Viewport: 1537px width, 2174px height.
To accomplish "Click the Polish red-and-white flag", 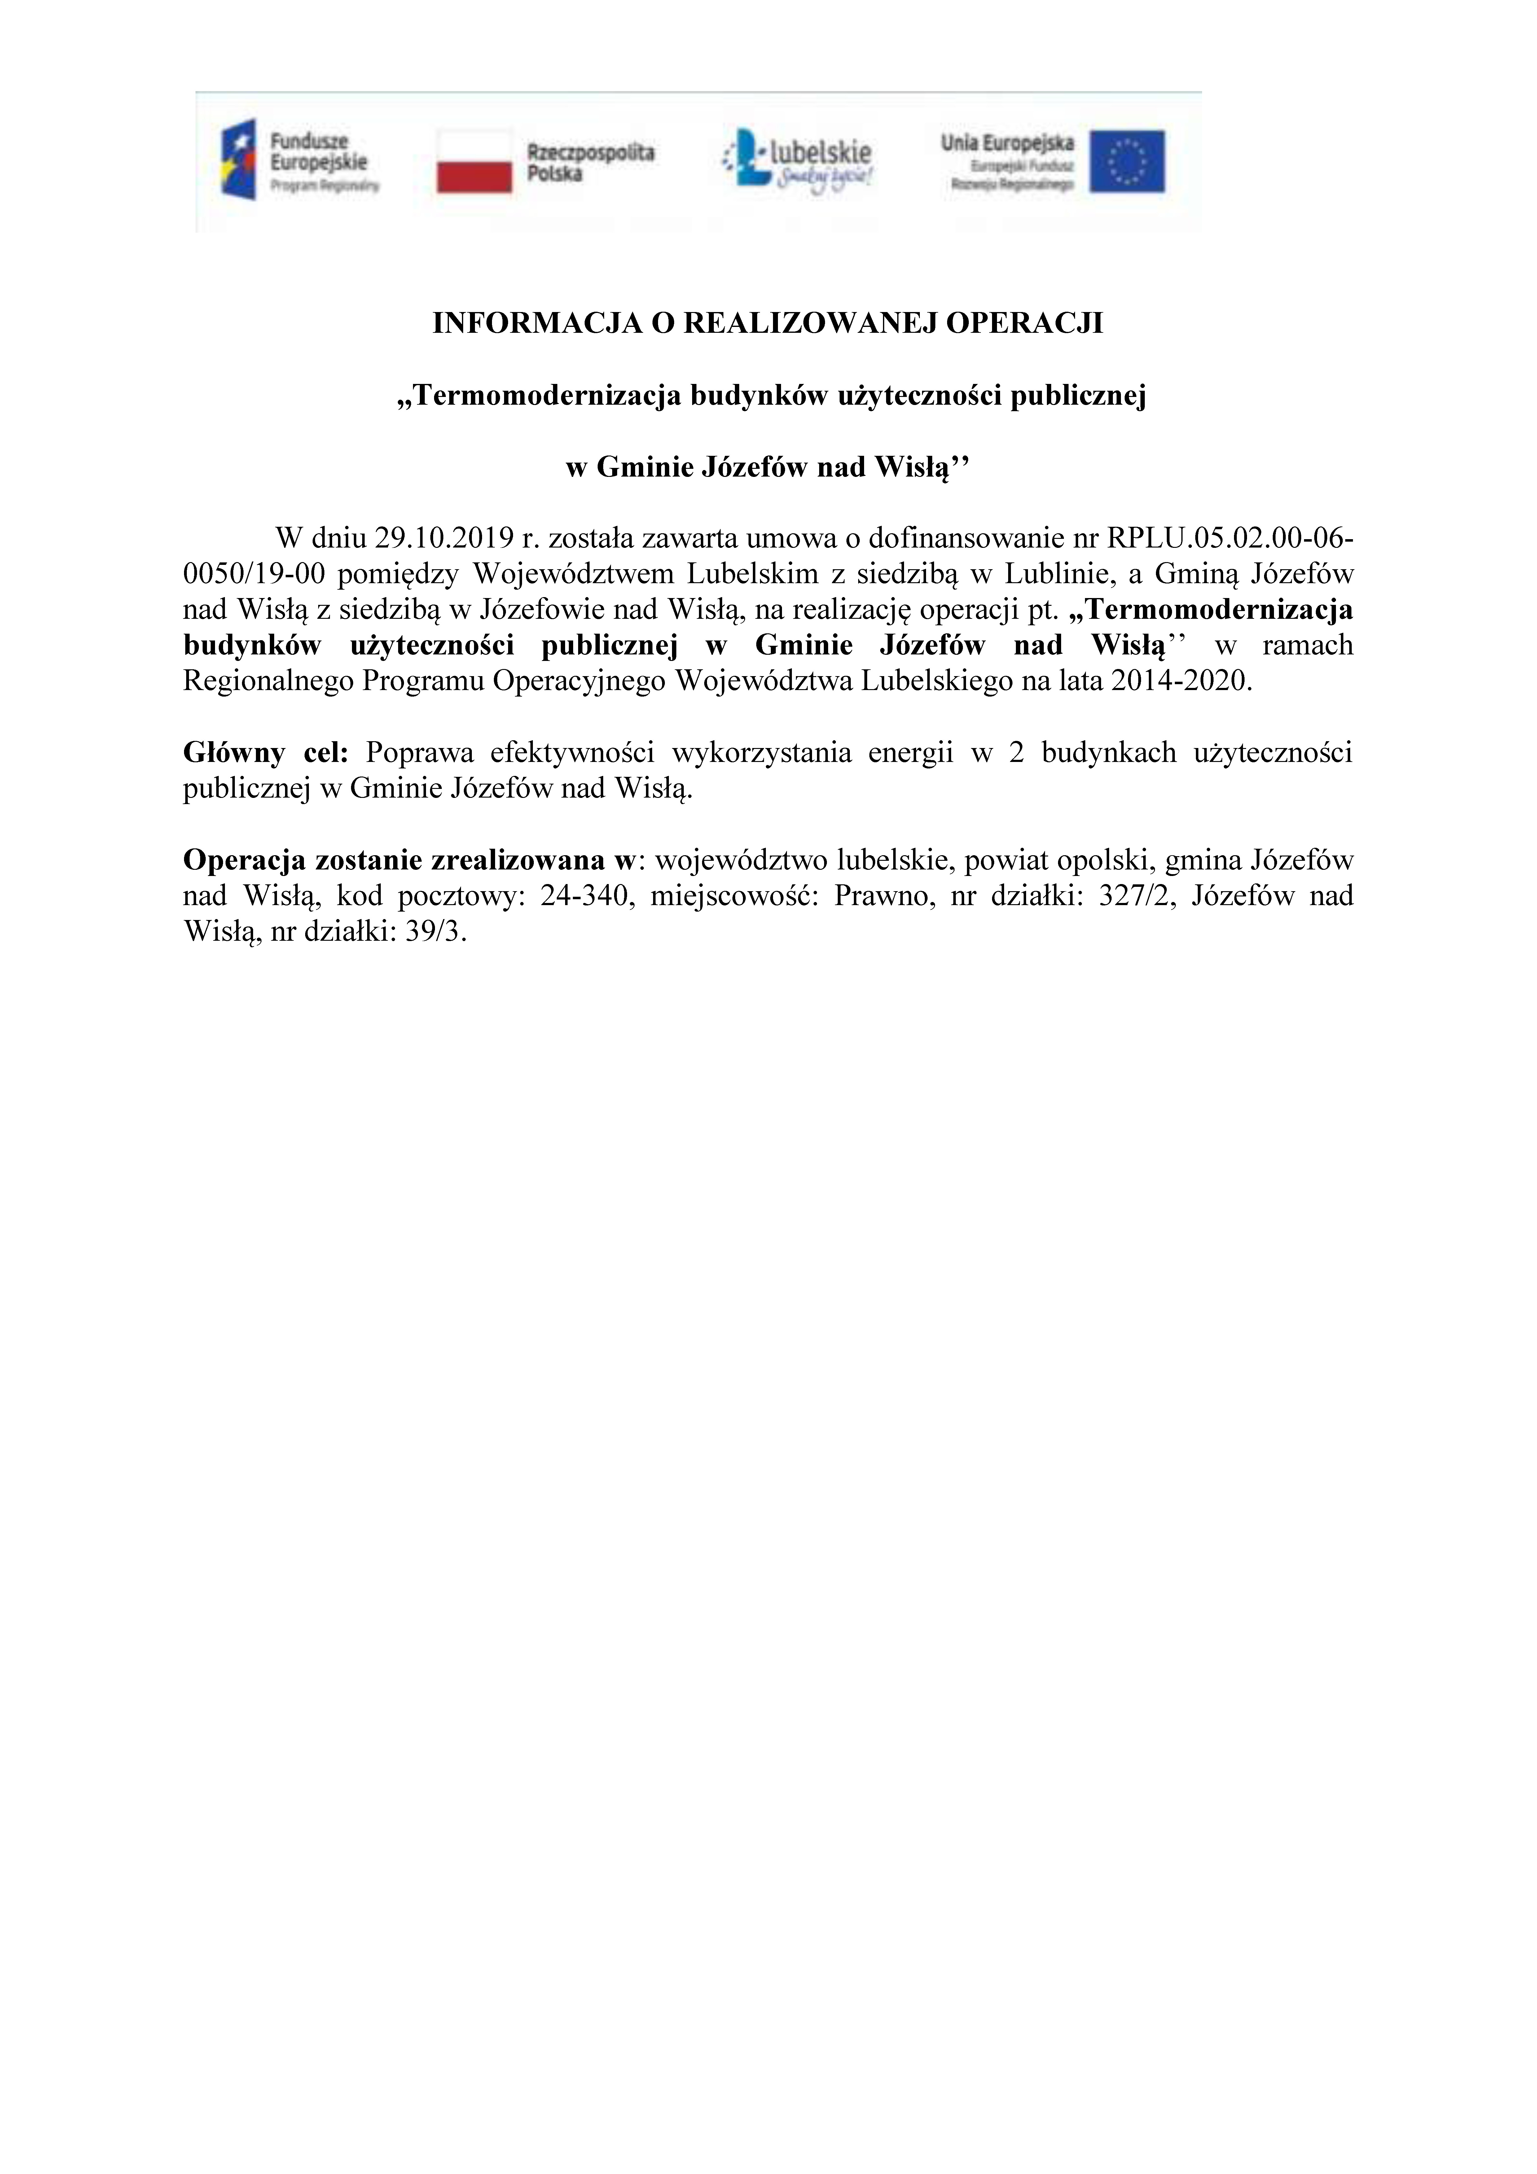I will (473, 161).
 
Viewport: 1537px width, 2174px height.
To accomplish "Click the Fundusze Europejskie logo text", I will (319, 152).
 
